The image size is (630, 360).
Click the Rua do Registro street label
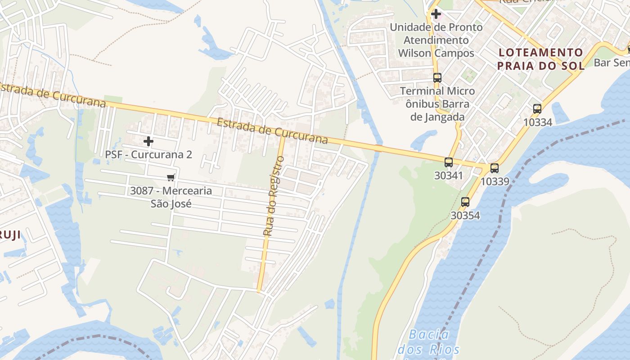[274, 196]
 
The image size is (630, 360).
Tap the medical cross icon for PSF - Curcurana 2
[148, 141]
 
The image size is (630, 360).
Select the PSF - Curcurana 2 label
[148, 154]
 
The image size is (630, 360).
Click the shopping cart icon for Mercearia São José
[171, 177]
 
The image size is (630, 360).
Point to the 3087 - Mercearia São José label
[171, 197]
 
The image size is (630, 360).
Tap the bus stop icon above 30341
[449, 162]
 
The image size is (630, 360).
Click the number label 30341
[449, 175]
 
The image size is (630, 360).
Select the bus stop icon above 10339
[495, 168]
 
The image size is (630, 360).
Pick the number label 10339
[495, 181]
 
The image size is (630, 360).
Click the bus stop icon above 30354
[465, 202]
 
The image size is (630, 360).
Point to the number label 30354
[465, 216]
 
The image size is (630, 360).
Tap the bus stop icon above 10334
[537, 108]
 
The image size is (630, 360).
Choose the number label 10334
[537, 122]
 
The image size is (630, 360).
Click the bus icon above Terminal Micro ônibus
[437, 78]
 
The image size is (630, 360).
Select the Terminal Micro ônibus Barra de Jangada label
[437, 104]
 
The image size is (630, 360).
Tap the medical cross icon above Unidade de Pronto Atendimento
[436, 14]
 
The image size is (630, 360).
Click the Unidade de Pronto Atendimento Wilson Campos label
[436, 40]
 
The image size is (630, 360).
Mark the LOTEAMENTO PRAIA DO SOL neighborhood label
[540, 59]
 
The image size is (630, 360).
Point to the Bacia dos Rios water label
[429, 342]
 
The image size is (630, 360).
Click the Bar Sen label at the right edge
[612, 63]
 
